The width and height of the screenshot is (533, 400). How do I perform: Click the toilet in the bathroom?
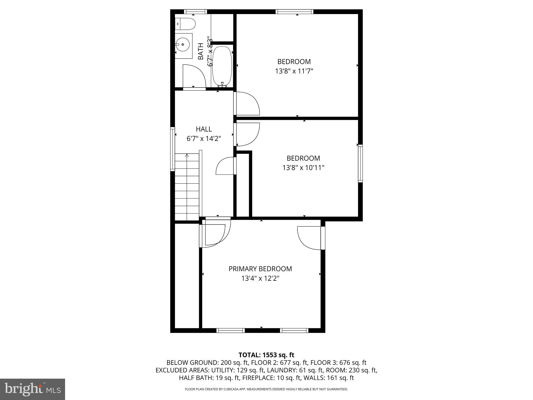185,24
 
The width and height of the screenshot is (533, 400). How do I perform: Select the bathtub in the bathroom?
222,66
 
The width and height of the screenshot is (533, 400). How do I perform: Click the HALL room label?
204,129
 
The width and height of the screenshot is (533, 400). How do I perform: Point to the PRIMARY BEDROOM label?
260,269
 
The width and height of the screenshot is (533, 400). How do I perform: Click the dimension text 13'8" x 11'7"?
294,71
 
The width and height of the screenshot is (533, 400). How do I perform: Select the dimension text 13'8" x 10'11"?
303,167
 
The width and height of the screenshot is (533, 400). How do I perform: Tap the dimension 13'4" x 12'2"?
260,278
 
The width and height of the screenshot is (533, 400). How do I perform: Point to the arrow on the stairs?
187,156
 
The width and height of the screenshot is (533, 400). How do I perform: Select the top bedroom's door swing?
247,104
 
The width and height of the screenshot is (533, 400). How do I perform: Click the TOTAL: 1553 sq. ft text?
266,355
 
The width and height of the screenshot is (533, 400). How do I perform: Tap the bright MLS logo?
33,389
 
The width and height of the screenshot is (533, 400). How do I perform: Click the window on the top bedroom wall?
294,12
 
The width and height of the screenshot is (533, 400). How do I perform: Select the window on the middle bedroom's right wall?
360,163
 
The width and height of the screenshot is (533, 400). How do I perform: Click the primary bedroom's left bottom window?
231,330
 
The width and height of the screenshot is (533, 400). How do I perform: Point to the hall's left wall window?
173,149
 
